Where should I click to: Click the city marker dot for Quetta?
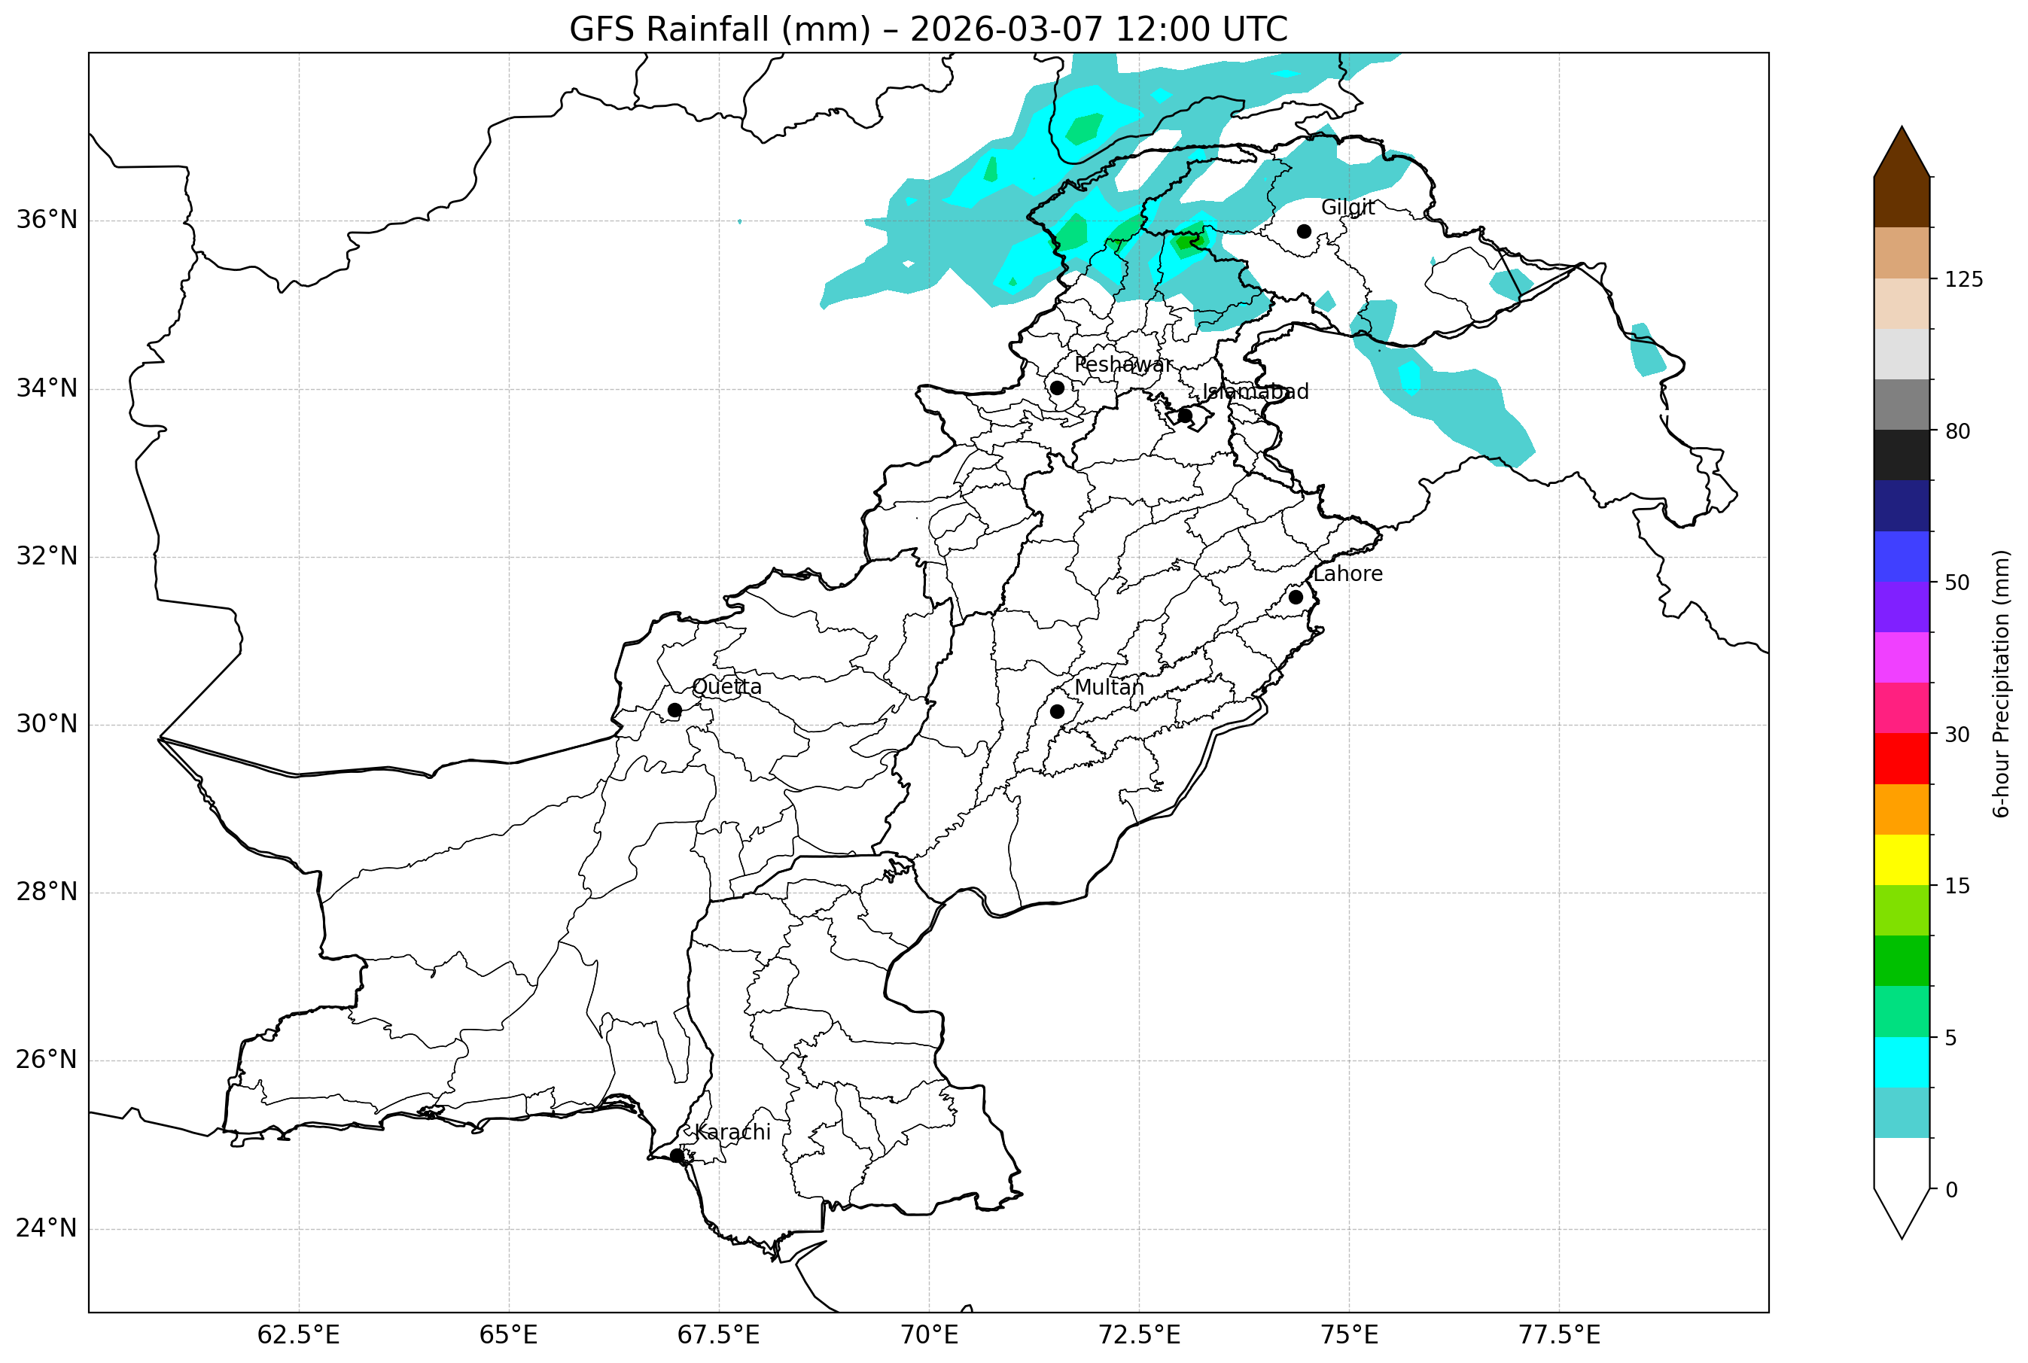click(x=674, y=710)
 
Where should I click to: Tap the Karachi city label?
click(x=732, y=1132)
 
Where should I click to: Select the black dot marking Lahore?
click(x=1296, y=597)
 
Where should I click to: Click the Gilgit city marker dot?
click(x=1304, y=231)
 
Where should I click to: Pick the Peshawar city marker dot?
click(x=1057, y=388)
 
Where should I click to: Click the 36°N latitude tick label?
click(x=47, y=220)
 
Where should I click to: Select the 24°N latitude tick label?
click(x=47, y=1228)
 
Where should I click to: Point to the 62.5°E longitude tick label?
click(x=298, y=1335)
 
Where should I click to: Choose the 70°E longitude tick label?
click(x=928, y=1335)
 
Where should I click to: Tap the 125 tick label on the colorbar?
click(x=1964, y=279)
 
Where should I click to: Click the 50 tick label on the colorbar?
click(x=1956, y=583)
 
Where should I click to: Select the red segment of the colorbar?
click(x=1902, y=759)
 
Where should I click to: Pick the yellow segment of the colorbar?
click(x=1902, y=859)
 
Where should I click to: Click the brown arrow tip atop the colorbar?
click(x=1902, y=152)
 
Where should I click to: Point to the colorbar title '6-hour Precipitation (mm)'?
click(x=2002, y=683)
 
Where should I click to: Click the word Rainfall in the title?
click(x=757, y=29)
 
